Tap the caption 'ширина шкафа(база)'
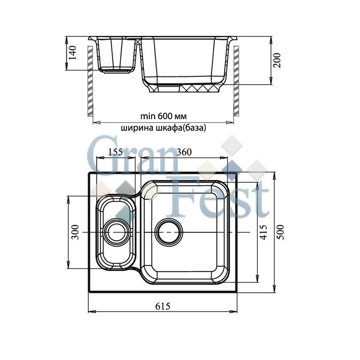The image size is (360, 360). [163, 128]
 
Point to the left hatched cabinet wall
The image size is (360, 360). [90, 79]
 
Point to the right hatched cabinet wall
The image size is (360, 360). [235, 79]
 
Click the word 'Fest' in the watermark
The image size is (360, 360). [228, 200]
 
